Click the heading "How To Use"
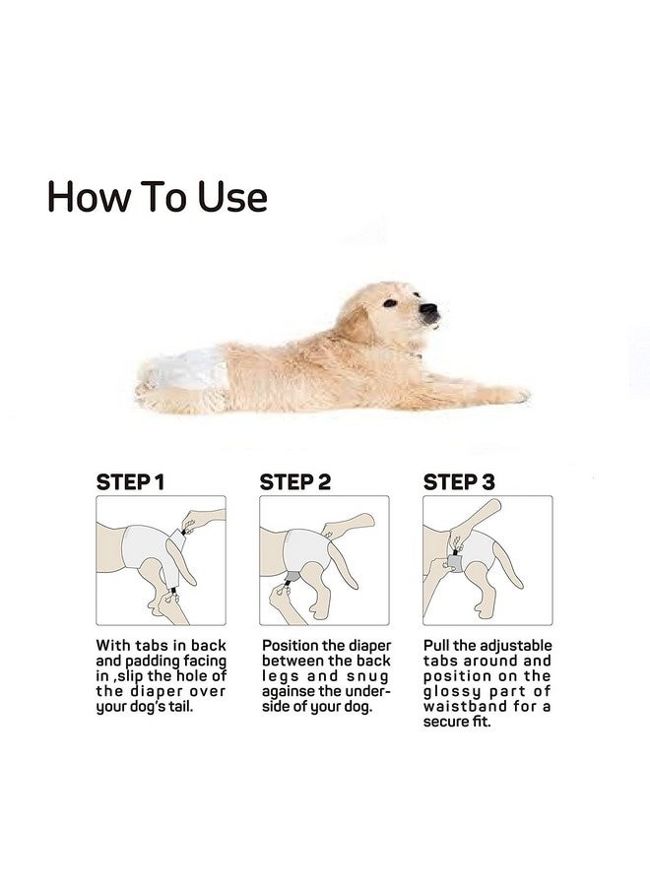click(x=158, y=197)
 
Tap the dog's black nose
click(x=428, y=313)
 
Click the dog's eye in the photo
click(x=390, y=303)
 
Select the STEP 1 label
click(x=130, y=482)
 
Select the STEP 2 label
click(x=295, y=482)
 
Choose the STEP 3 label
click(x=459, y=482)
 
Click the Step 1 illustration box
click(x=161, y=560)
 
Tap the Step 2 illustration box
click(x=324, y=560)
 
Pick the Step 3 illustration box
click(x=487, y=560)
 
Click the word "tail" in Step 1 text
click(x=209, y=708)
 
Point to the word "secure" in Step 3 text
click(x=448, y=723)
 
